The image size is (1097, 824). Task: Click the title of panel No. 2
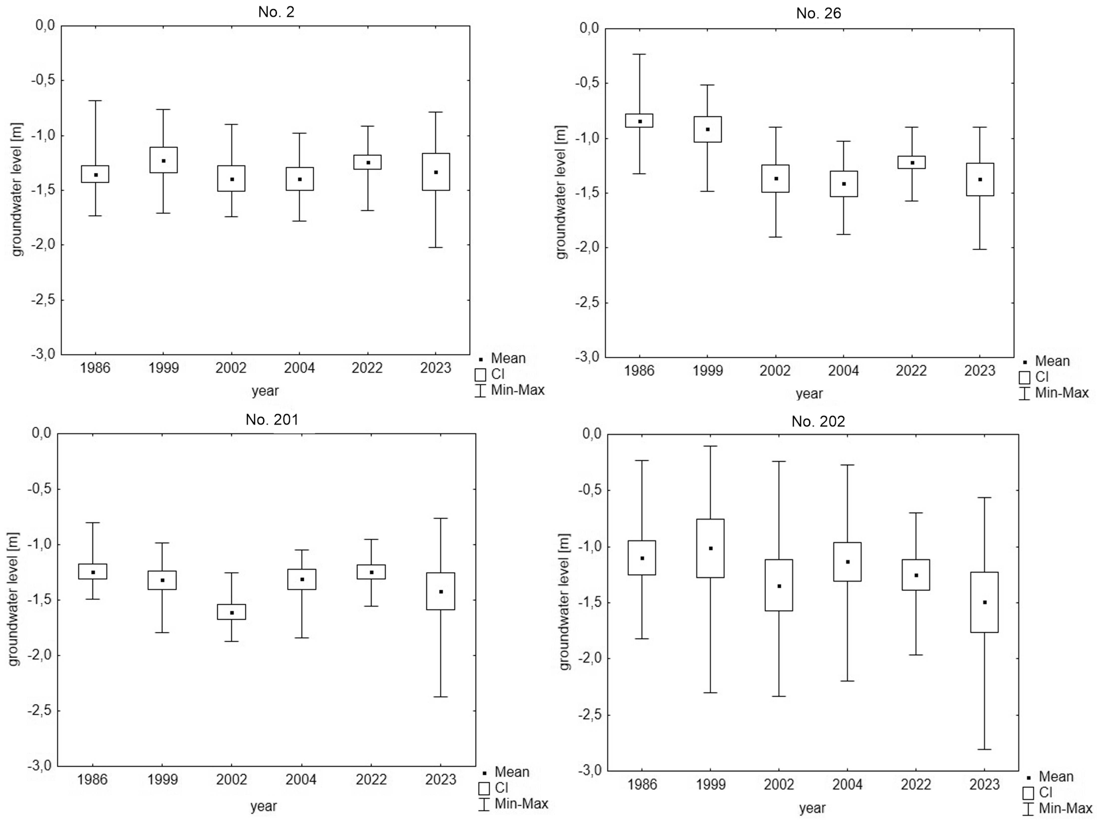point(276,12)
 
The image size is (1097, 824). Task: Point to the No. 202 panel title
point(818,422)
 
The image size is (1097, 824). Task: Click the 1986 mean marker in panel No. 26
point(640,122)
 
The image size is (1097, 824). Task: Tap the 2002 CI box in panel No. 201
point(232,612)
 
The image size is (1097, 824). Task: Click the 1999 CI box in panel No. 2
point(164,160)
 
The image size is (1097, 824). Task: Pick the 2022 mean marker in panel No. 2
point(368,163)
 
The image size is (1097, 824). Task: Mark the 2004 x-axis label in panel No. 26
point(844,371)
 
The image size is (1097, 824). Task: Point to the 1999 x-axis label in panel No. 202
point(710,784)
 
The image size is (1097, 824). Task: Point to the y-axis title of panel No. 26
point(561,192)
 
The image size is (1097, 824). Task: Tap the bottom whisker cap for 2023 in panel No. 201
point(440,697)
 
